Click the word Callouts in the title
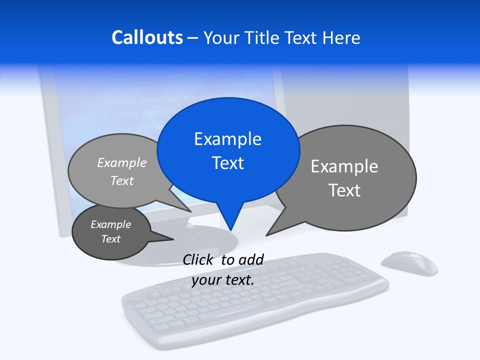click(x=147, y=37)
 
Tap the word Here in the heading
click(x=341, y=37)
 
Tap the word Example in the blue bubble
click(x=227, y=139)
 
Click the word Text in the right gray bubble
click(x=344, y=190)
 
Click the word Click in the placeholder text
click(x=198, y=259)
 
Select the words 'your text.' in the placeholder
click(x=223, y=280)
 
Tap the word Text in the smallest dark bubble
click(x=111, y=239)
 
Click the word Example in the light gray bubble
click(x=122, y=163)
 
